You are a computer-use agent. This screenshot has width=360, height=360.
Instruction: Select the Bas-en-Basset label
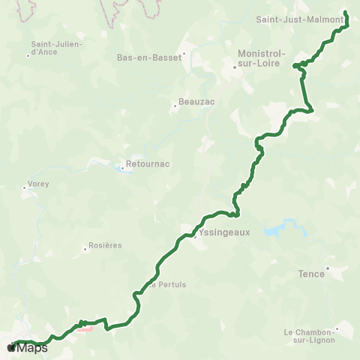tap(150, 56)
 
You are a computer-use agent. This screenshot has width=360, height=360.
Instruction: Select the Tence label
tap(311, 274)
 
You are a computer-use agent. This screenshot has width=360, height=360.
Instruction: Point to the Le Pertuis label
tap(166, 285)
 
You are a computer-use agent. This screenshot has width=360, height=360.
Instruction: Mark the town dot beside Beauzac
tap(175, 106)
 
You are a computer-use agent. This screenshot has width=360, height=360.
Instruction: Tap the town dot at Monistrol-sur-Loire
tap(235, 67)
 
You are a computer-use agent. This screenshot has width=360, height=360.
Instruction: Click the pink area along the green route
tap(84, 327)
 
